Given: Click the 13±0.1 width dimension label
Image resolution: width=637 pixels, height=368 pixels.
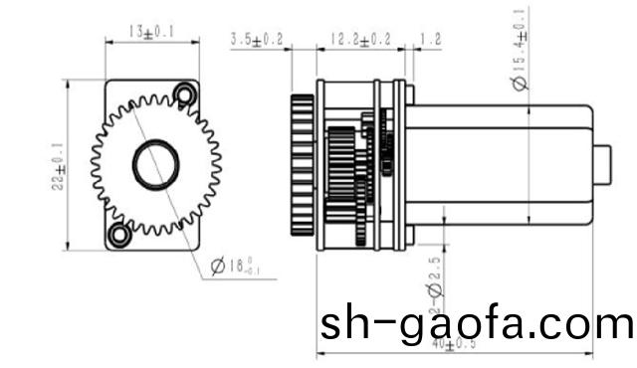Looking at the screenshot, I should pyautogui.click(x=152, y=32).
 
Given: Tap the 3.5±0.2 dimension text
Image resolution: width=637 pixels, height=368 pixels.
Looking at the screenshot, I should pyautogui.click(x=257, y=40).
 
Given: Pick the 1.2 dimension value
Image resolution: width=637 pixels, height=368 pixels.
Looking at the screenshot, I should pyautogui.click(x=431, y=40).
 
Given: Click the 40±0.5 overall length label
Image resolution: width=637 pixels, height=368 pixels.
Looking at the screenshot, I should pyautogui.click(x=454, y=345).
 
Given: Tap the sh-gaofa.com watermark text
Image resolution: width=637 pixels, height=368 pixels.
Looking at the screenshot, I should pyautogui.click(x=476, y=323).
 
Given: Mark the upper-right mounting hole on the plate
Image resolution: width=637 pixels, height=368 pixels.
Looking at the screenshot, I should pyautogui.click(x=183, y=94).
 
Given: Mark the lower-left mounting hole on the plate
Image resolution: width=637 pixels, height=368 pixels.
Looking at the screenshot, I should pyautogui.click(x=120, y=235).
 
